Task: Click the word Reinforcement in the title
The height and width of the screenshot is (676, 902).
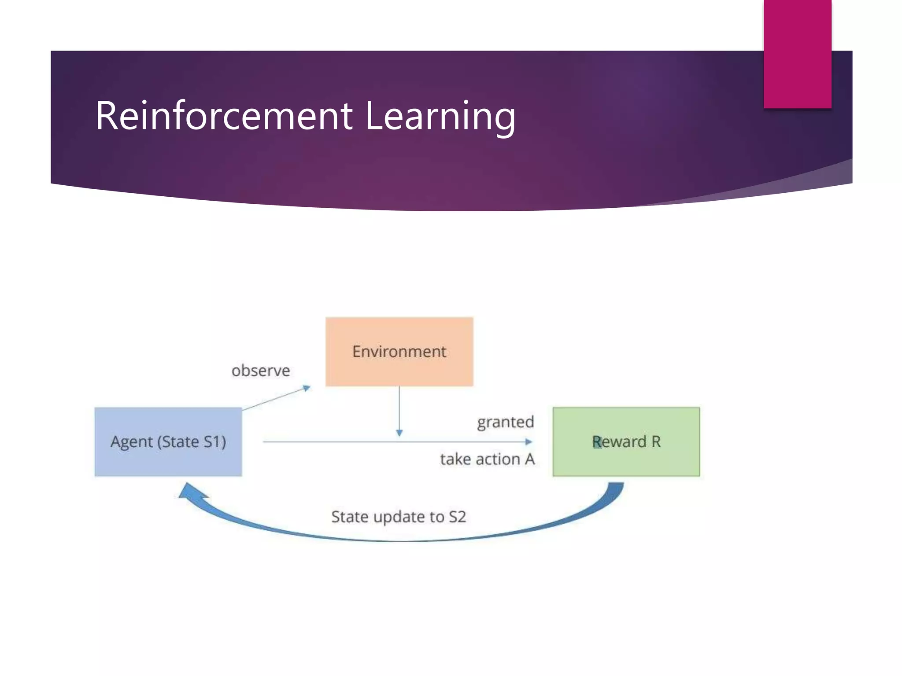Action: (x=224, y=116)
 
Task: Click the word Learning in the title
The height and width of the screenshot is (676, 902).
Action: (x=440, y=116)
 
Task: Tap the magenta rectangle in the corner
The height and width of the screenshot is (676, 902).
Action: (x=797, y=54)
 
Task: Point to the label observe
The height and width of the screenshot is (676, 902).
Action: (x=261, y=371)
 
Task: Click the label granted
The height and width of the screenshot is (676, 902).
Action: (x=505, y=422)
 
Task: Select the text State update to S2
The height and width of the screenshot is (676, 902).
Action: (x=398, y=517)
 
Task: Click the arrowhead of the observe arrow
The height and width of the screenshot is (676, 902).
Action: (x=307, y=388)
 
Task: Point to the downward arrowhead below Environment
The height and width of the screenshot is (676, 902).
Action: (x=399, y=433)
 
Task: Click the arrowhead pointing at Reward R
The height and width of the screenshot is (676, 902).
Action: (x=529, y=441)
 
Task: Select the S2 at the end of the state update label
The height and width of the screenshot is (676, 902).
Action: (x=457, y=517)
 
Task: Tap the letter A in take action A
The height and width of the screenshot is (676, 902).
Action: (x=529, y=459)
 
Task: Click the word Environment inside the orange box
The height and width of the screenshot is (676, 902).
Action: (x=399, y=352)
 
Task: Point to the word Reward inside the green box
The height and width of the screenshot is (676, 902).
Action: (x=619, y=441)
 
